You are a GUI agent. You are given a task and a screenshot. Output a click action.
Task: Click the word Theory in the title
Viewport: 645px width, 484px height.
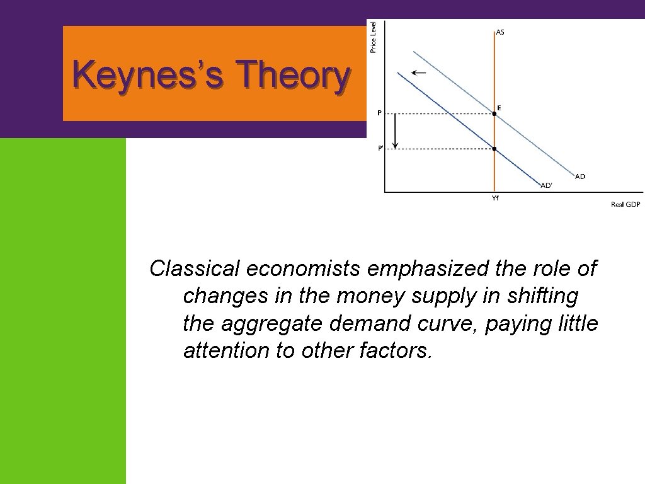(292, 76)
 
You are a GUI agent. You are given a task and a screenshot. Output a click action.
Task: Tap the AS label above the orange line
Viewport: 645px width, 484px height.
(500, 33)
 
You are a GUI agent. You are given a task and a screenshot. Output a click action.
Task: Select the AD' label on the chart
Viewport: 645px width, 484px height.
(546, 185)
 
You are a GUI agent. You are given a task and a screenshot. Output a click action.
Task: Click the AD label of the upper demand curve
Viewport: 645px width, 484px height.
(580, 176)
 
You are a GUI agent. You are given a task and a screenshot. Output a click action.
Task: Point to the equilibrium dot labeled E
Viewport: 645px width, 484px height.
(494, 113)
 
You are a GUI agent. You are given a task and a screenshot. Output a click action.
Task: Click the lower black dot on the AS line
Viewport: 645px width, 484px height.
(494, 149)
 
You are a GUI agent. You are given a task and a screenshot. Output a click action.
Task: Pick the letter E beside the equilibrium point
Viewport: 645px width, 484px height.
(499, 108)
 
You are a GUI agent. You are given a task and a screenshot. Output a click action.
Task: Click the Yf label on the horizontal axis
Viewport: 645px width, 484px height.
(495, 198)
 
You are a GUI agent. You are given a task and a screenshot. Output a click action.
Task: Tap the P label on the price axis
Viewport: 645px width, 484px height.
(379, 113)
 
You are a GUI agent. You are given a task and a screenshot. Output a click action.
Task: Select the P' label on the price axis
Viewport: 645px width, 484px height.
(380, 149)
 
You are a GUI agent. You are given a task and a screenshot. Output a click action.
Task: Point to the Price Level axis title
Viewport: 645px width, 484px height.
(374, 37)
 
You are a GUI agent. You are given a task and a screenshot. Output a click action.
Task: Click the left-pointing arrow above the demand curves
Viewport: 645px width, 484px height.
(418, 73)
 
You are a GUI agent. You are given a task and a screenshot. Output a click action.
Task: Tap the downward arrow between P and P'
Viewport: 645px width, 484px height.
(395, 132)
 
